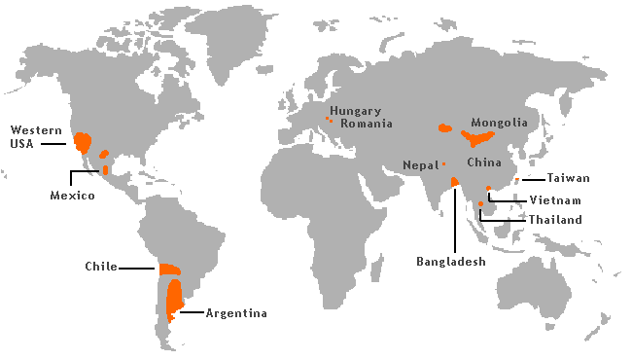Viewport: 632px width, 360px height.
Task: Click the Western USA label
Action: [30, 136]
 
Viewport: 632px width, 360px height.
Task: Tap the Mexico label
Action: [72, 196]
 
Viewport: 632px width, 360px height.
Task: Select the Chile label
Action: [101, 266]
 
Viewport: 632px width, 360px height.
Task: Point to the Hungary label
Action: [355, 111]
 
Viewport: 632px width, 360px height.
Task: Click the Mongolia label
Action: [499, 123]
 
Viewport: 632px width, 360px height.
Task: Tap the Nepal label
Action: [420, 165]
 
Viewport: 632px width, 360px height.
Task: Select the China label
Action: [483, 162]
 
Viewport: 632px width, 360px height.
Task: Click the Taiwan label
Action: [568, 178]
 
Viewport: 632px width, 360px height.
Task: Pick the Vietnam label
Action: [555, 199]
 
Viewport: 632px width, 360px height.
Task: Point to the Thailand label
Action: [555, 220]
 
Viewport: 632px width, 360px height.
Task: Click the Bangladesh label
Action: [451, 261]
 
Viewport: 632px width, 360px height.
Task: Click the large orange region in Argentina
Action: [175, 299]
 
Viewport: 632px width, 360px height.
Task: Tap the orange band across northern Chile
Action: [169, 269]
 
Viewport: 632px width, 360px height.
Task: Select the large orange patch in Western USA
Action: [83, 144]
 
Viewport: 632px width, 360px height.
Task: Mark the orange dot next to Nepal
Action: [443, 163]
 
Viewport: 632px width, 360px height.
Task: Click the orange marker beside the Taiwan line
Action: [517, 180]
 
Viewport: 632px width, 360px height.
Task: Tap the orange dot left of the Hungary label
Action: [327, 118]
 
